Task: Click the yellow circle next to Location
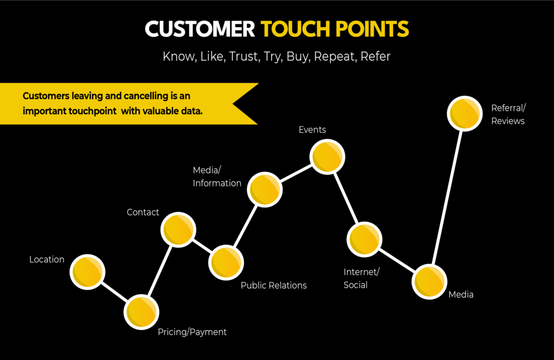click(x=87, y=271)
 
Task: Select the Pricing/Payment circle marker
click(x=142, y=312)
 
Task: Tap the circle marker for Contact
click(x=178, y=230)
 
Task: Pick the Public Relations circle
click(x=226, y=263)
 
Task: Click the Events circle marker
click(x=327, y=156)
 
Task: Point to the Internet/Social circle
click(x=364, y=239)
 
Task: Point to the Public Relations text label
click(x=273, y=285)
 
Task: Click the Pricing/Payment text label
click(x=192, y=332)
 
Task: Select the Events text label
click(x=312, y=129)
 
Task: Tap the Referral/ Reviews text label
click(x=507, y=114)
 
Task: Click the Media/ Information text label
click(x=217, y=176)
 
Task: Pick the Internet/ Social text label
click(x=361, y=278)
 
